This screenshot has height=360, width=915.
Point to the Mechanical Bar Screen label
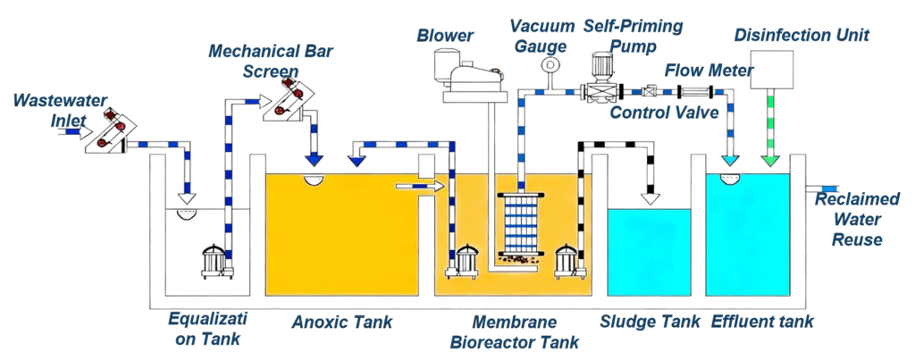258,60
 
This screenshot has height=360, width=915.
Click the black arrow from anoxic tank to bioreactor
425,186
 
